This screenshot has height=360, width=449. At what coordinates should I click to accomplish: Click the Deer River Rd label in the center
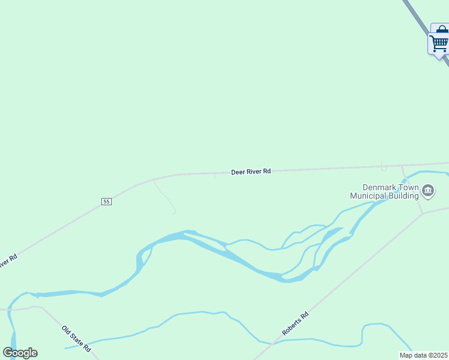pos(251,172)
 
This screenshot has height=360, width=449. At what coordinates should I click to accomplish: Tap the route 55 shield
pos(106,202)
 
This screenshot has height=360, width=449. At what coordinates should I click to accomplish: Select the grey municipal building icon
pos(428,191)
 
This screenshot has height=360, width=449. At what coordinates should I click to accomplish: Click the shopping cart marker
pos(438,43)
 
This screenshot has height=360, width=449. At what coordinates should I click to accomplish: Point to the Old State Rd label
pos(76,338)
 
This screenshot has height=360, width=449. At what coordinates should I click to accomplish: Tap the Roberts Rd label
pos(295,323)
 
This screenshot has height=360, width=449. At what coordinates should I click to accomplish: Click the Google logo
pos(20,353)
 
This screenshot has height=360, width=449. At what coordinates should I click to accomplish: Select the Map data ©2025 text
pos(424,355)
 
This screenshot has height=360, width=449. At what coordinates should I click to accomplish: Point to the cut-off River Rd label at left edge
pos(7,262)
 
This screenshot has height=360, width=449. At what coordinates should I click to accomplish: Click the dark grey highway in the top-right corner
pos(414,15)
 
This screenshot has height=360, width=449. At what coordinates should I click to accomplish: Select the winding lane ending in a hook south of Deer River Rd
pos(164,196)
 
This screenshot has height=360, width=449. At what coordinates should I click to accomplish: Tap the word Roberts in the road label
pos(292,326)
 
